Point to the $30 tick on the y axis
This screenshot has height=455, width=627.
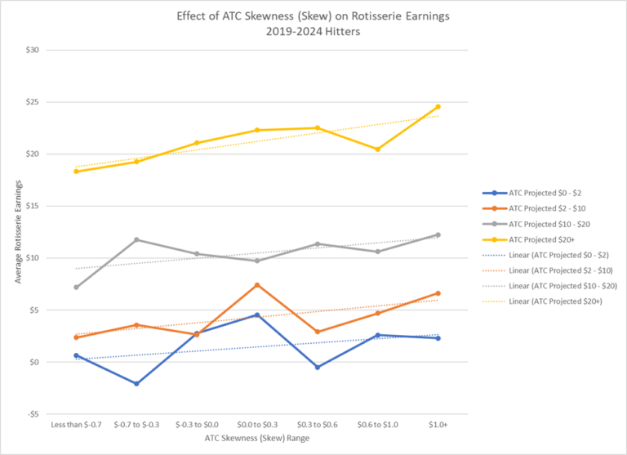32,51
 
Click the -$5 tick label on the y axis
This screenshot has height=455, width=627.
32,414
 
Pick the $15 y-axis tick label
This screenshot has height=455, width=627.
32,206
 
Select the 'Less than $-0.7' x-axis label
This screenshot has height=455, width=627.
76,426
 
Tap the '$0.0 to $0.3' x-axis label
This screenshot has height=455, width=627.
256,426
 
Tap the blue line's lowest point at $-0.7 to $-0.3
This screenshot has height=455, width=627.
136,384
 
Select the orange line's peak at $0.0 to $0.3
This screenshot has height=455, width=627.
256,285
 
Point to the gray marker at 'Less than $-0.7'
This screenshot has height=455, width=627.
76,288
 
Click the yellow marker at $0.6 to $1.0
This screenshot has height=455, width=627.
377,149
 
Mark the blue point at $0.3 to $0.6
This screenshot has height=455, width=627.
317,368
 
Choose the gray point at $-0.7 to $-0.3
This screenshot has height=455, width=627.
136,239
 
